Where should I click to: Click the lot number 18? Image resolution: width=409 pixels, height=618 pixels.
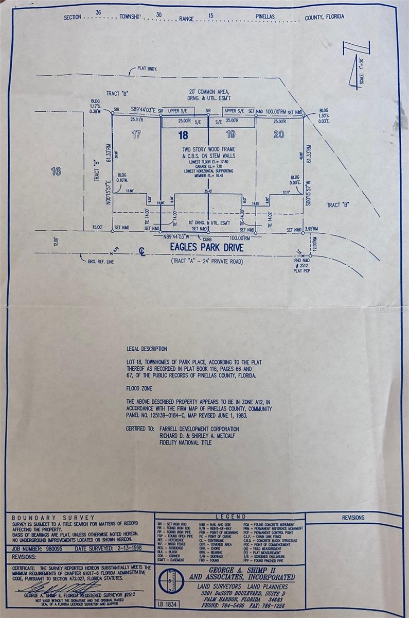pos(183,135)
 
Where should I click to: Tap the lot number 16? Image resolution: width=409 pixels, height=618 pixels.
pos(56,171)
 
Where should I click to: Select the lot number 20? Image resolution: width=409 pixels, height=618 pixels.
pos(278,135)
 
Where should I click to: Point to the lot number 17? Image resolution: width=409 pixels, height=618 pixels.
pos(136,135)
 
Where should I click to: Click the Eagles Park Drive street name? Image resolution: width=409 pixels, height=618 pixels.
pos(207,248)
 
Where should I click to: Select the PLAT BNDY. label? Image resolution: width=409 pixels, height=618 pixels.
pos(147,68)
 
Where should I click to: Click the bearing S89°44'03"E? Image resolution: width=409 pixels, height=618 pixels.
pos(144,110)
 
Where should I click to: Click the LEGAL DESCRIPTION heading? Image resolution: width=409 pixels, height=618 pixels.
pos(146,349)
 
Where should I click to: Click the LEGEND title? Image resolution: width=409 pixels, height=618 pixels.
pos(230,516)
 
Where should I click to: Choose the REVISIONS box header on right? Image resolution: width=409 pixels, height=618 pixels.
pos(353,518)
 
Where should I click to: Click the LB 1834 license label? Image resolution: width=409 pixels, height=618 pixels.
pos(167,603)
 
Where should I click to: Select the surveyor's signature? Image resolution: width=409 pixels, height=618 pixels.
pos(57,588)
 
